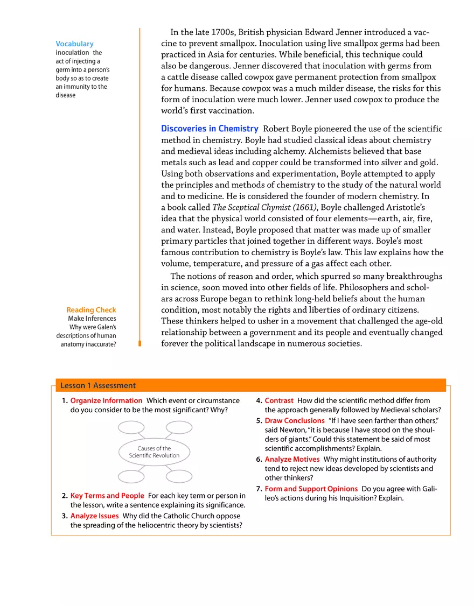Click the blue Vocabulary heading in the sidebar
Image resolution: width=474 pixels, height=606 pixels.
coord(74,44)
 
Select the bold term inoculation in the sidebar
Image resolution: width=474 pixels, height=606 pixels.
coord(72,53)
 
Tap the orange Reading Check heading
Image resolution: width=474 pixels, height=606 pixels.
coord(91,310)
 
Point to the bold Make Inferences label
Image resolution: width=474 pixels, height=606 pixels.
coord(92,319)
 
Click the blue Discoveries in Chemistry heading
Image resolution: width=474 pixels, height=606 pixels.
coord(210,129)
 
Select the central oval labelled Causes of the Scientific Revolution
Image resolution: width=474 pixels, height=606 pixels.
coord(154,452)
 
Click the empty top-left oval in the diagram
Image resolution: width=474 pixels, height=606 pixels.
coord(131,427)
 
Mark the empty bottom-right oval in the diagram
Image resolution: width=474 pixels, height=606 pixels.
coord(178,476)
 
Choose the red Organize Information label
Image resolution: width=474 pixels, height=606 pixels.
coord(106,400)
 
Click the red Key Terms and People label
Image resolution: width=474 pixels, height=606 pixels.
coord(107,496)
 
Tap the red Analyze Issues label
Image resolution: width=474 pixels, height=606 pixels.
coord(94,516)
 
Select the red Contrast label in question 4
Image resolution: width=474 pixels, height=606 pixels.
coord(279,400)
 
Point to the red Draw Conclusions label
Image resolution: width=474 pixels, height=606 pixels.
coord(294,420)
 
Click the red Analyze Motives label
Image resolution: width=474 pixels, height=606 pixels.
coord(292,459)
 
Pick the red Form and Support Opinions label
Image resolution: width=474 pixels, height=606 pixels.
coord(311,489)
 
